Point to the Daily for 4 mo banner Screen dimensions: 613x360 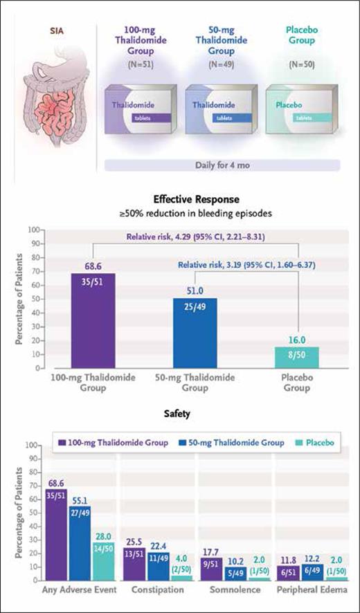click(222, 165)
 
